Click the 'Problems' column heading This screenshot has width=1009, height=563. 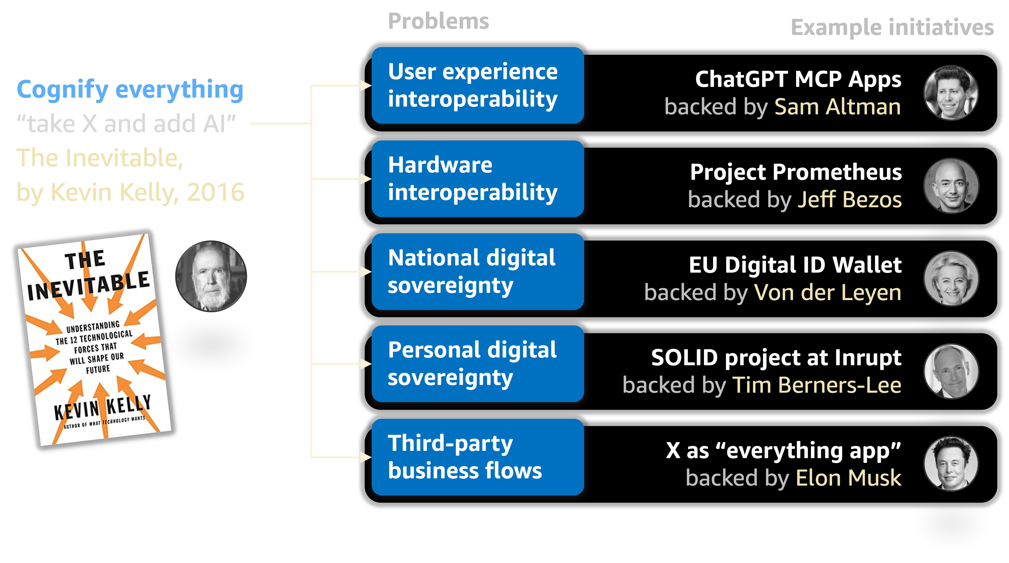tap(438, 21)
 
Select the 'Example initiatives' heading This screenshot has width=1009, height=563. tap(892, 27)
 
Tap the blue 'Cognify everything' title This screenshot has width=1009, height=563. tap(130, 89)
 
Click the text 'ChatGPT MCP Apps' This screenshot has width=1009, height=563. tap(798, 80)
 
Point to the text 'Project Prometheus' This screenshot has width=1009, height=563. tap(796, 172)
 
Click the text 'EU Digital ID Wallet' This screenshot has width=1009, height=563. tap(795, 265)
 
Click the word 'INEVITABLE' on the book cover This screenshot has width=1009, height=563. tap(89, 286)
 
